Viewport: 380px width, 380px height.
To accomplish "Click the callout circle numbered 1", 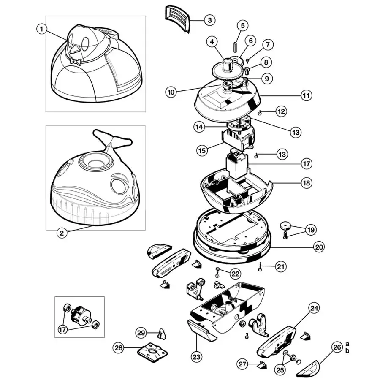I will [41, 29].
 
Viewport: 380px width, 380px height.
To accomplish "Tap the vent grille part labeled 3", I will [176, 17].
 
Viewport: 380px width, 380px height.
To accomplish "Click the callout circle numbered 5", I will [242, 26].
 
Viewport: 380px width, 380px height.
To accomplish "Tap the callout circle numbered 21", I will [281, 266].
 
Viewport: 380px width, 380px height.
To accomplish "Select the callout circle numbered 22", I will [235, 274].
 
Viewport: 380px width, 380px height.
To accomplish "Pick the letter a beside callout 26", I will [348, 344].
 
